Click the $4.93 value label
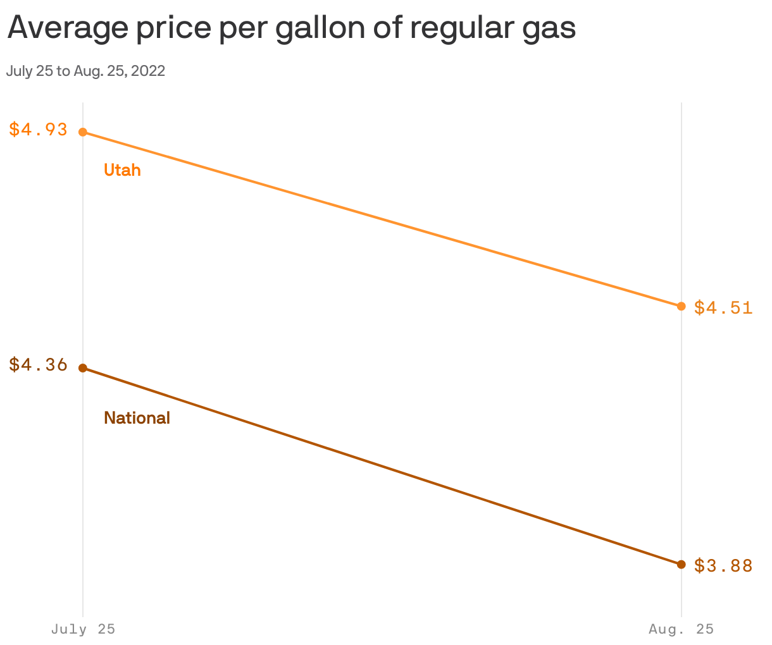coord(38,130)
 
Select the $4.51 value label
coord(723,307)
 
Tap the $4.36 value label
coord(38,365)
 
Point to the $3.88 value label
coord(723,565)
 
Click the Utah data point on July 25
coord(83,132)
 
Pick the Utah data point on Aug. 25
coord(682,306)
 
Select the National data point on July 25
coord(83,368)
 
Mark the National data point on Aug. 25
coord(682,564)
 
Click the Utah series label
coord(122,170)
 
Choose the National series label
coord(137,418)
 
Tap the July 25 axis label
coord(83,629)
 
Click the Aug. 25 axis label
coord(681,629)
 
